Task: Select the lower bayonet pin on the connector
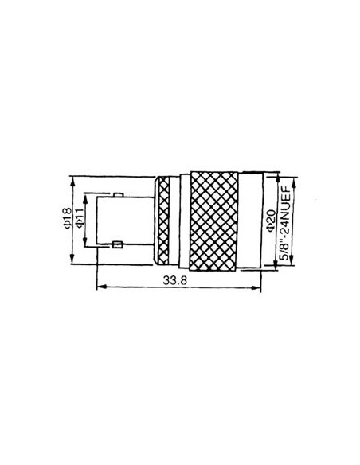click(117, 244)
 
